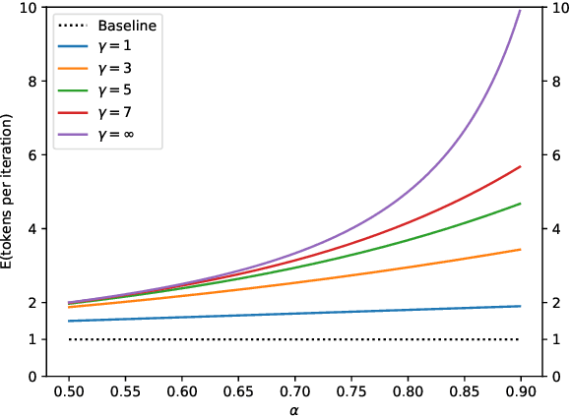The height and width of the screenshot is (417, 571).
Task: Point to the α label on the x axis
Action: [294, 408]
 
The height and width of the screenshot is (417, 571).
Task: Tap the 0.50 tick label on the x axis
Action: [69, 390]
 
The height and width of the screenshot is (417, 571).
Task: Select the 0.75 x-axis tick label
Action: [350, 390]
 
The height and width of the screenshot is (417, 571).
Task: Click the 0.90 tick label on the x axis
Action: [520, 390]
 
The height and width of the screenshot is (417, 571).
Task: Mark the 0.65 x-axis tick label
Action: [238, 390]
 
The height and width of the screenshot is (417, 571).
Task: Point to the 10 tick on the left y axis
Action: [30, 8]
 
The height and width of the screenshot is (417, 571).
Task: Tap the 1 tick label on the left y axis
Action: [33, 339]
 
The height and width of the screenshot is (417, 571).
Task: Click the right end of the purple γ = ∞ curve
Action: [520, 10]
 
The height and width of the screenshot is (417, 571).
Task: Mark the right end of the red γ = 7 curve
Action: [520, 167]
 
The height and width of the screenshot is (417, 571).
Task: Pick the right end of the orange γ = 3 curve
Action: [520, 250]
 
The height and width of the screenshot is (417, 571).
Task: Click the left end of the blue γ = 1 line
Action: [69, 321]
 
